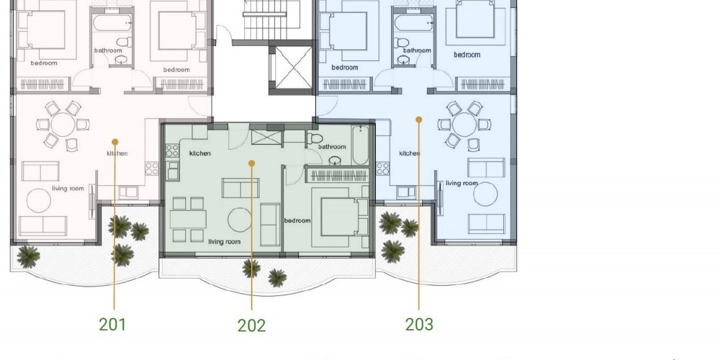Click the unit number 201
(x=112, y=324)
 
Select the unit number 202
(x=251, y=325)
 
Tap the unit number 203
(x=419, y=324)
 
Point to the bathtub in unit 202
(x=361, y=145)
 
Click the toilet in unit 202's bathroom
(x=315, y=138)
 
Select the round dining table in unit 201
(x=63, y=125)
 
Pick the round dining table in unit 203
(x=464, y=125)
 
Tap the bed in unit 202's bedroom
(x=340, y=216)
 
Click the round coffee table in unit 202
(x=240, y=220)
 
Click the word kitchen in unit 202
(x=199, y=153)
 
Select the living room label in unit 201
(x=68, y=188)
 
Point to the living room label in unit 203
(x=462, y=183)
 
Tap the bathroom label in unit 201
(x=109, y=50)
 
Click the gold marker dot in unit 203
(x=419, y=120)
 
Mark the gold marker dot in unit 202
(x=251, y=163)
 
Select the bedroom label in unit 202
(x=297, y=220)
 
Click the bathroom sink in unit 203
(x=404, y=60)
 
